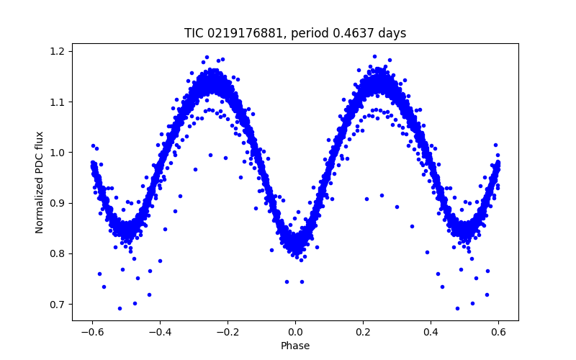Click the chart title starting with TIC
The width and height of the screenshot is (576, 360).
click(295, 33)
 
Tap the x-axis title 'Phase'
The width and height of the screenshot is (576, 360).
click(295, 346)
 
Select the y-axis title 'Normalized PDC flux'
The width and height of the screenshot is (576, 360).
click(40, 182)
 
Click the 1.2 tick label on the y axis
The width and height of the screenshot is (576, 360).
click(58, 51)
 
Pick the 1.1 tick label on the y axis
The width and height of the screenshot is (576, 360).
click(58, 102)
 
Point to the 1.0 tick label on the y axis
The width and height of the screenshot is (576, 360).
click(58, 153)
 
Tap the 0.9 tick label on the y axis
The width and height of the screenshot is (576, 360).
click(58, 203)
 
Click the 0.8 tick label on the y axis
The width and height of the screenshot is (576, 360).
click(58, 253)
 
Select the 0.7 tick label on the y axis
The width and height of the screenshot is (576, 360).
click(58, 304)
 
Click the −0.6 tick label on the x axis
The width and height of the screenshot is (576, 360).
click(92, 332)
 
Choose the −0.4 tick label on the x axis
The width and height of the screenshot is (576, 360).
click(160, 332)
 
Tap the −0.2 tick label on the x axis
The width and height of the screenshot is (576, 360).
click(228, 332)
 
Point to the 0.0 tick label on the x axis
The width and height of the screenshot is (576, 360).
click(295, 332)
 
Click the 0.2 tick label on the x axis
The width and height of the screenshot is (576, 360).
click(363, 332)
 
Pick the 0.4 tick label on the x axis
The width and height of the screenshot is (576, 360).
click(431, 332)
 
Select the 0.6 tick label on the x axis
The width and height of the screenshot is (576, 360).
click(498, 332)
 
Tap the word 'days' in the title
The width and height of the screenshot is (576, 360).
click(392, 33)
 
